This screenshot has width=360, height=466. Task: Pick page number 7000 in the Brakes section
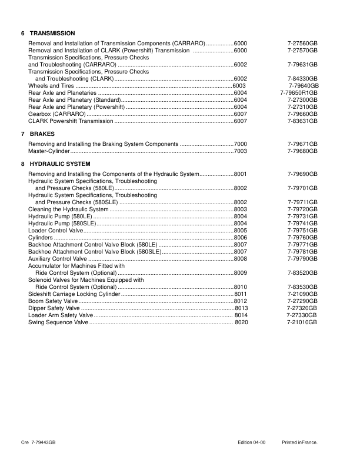click(x=241, y=144)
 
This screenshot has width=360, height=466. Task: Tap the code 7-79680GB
click(x=302, y=151)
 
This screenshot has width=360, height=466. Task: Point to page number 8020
click(x=241, y=322)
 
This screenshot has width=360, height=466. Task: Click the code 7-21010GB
click(x=302, y=322)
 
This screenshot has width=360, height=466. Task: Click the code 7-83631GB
click(x=302, y=121)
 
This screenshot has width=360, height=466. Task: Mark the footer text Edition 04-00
click(x=252, y=442)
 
